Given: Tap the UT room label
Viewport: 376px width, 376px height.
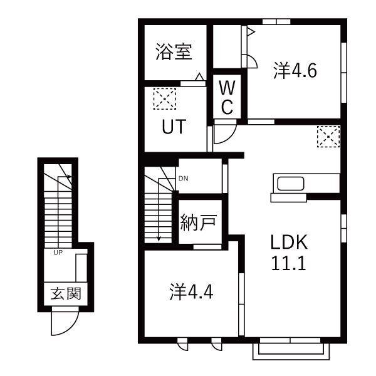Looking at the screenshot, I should tap(174, 127).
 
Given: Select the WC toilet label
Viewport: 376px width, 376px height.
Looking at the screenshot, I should tap(226, 97).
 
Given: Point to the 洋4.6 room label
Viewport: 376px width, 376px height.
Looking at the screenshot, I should tap(295, 71).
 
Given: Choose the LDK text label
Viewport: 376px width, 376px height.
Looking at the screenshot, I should tap(288, 242).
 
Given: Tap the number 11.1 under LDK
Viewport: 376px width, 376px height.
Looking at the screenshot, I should tap(288, 263).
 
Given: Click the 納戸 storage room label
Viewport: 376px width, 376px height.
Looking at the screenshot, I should tap(199, 224).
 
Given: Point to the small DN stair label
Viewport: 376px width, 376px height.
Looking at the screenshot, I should tap(183, 179).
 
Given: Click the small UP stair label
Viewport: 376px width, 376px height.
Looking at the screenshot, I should tap(57, 253).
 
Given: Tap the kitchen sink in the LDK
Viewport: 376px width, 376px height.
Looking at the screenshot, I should tap(290, 185).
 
